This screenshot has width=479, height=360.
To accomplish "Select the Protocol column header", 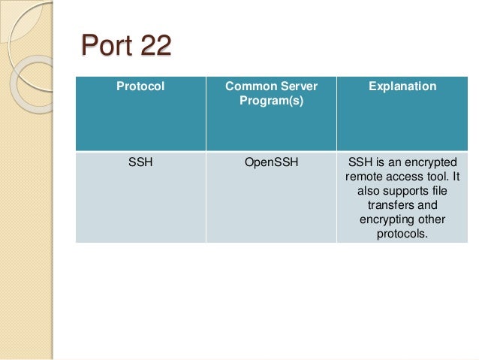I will coord(140,87).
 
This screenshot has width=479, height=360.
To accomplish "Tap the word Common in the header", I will coord(248,87).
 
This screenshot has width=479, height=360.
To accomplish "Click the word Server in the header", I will coord(296,87).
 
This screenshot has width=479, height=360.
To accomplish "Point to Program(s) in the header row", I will coord(271,101).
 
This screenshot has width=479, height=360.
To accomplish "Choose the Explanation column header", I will coord(402,87).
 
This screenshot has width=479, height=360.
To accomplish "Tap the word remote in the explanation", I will coord(363,177).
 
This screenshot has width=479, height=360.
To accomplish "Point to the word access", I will coord(404,177).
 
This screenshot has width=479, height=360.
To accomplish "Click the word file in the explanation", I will coord(447,192).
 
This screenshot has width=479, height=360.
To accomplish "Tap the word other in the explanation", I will coord(431,220).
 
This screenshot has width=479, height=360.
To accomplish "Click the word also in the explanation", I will coord(367,192).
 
